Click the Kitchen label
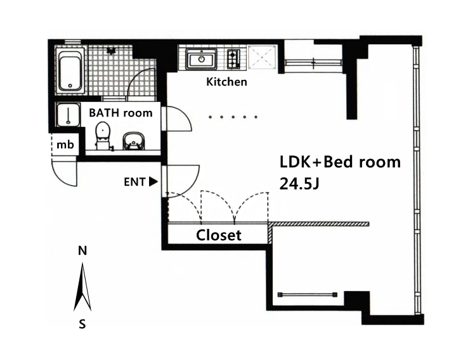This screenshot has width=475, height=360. pyautogui.click(x=226, y=82)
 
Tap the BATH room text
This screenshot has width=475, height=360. pyautogui.click(x=120, y=113)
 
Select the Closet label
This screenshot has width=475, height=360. pyautogui.click(x=219, y=235)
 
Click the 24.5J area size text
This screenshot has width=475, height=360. pyautogui.click(x=299, y=183)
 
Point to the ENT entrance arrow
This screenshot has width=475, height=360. pyautogui.click(x=153, y=182)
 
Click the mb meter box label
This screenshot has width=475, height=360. pyautogui.click(x=65, y=145)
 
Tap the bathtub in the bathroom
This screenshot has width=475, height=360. pyautogui.click(x=70, y=70)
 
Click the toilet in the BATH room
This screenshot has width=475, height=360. pyautogui.click(x=103, y=136)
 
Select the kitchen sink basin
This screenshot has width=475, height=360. pyautogui.click(x=202, y=59)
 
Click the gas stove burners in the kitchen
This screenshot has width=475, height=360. pyautogui.click(x=233, y=59)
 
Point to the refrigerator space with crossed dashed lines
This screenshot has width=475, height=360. pyautogui.click(x=263, y=58)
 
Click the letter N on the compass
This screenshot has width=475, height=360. pyautogui.click(x=82, y=251)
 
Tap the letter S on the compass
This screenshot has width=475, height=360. pyautogui.click(x=82, y=325)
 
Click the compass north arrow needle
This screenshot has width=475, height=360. pyautogui.click(x=82, y=288)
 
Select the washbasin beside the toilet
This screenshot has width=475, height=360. pyautogui.click(x=134, y=141)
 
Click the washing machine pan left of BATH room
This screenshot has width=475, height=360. pyautogui.click(x=68, y=115)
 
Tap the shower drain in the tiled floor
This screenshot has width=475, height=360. pyautogui.click(x=111, y=51)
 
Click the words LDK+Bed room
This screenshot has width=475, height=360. pyautogui.click(x=340, y=162)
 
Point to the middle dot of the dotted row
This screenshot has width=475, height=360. pyautogui.click(x=233, y=117)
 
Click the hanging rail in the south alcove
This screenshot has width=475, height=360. pyautogui.click(x=308, y=294)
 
